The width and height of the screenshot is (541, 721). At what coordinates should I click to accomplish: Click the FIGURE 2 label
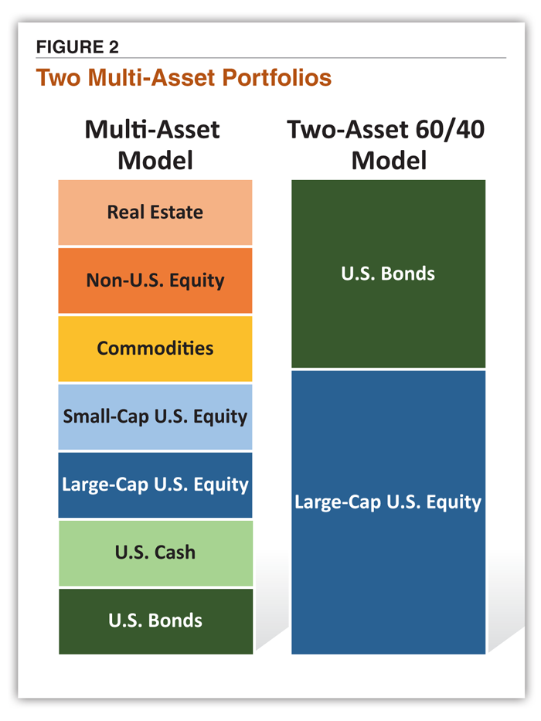point(77,47)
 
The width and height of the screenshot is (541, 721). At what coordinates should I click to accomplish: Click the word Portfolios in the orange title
point(277,77)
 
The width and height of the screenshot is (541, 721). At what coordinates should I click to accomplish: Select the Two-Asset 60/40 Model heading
point(386,145)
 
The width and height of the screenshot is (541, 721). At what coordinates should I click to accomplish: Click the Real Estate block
point(155,213)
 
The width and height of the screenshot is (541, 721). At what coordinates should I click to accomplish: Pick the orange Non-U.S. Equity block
point(155,281)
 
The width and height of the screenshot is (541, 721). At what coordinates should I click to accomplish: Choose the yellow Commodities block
point(155,349)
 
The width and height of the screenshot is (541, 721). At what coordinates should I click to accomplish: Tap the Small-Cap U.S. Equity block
point(155,417)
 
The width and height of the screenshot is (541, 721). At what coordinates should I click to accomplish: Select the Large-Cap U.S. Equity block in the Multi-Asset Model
point(155,485)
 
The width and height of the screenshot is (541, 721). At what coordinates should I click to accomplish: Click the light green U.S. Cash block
point(155,553)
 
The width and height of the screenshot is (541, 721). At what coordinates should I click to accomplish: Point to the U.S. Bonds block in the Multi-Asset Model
point(155,621)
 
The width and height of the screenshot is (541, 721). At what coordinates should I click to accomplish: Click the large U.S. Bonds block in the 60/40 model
point(388,274)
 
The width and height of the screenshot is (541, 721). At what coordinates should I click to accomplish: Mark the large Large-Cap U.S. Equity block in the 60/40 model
point(388,512)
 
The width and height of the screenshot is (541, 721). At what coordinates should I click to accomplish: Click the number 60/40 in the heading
point(450,129)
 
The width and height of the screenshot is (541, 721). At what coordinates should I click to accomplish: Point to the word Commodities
point(155,348)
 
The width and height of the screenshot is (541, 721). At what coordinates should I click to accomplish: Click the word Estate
point(177,212)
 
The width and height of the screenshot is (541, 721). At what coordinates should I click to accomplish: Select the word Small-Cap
point(106,417)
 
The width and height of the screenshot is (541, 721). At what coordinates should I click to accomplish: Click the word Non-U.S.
point(125,280)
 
